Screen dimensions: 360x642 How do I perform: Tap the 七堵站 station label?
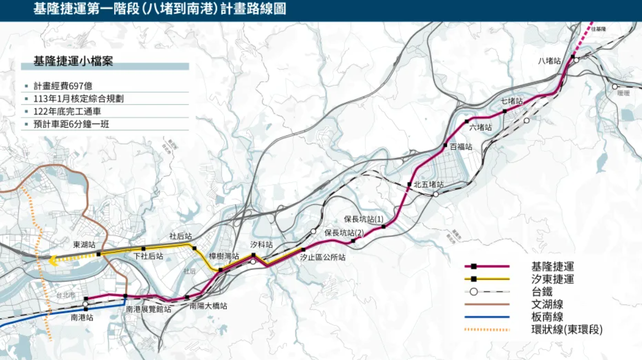coord(511,101)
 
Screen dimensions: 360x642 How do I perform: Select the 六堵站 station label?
coord(480,128)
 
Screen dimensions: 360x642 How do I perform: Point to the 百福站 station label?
coord(461,147)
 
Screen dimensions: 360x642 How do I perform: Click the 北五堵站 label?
coord(428,185)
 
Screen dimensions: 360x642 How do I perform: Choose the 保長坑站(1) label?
coord(364,219)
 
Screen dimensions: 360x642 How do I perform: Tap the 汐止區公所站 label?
coord(323,257)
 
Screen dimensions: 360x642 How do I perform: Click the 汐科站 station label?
coord(262,244)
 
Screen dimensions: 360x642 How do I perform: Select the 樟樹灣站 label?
coord(224,256)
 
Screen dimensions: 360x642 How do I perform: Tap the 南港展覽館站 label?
coord(148,310)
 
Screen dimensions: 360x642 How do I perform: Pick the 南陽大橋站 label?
coord(208,306)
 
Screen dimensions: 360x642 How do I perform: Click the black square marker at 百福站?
coord(445,145)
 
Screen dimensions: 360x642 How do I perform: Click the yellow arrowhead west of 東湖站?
coord(53,261)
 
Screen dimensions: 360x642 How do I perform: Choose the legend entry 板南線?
coord(547,316)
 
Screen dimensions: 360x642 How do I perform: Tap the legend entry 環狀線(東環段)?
coord(566,330)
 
